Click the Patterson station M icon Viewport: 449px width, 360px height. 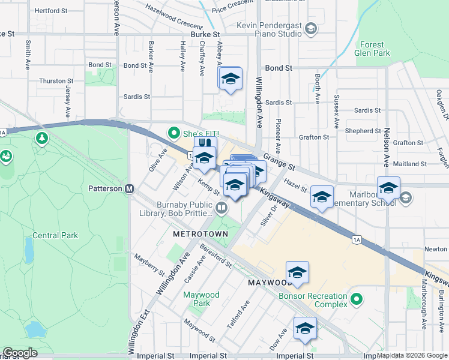pyautogui.click(x=129, y=188)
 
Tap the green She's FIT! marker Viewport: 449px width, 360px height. pyautogui.click(x=174, y=133)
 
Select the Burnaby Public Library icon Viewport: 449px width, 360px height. pyautogui.click(x=222, y=208)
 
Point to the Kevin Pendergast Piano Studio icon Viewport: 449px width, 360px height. pyautogui.click(x=310, y=28)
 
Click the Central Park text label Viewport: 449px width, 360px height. pyautogui.click(x=55, y=235)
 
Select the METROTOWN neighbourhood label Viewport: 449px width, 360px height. pyautogui.click(x=199, y=232)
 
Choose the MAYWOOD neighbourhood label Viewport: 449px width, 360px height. pyautogui.click(x=269, y=281)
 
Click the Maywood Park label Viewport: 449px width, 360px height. pyautogui.click(x=201, y=299)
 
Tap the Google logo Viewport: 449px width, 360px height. pyautogui.click(x=20, y=353)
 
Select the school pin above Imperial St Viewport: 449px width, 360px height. pyautogui.click(x=305, y=328)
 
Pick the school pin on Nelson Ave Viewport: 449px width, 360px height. pyautogui.click(x=388, y=187)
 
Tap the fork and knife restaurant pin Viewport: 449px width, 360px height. pyautogui.click(x=205, y=144)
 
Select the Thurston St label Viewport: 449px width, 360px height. pyautogui.click(x=56, y=80)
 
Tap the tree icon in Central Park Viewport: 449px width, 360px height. pyautogui.click(x=41, y=139)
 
